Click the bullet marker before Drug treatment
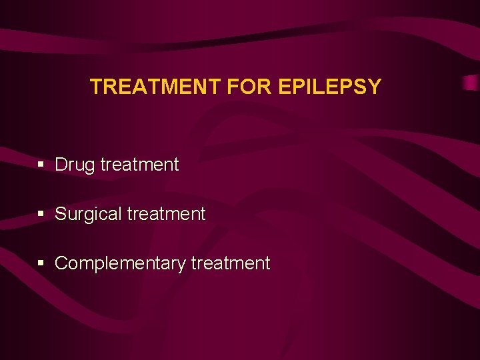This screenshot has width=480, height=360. tap(41, 165)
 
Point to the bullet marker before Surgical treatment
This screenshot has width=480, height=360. tap(41, 214)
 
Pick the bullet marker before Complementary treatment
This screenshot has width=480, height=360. tap(41, 263)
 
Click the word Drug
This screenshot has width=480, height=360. tap(75, 165)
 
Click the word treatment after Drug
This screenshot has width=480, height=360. tap(139, 165)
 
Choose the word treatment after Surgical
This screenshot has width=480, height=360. tap(166, 214)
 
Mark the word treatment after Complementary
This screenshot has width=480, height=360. tap(231, 263)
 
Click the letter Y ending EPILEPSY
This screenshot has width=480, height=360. tap(375, 87)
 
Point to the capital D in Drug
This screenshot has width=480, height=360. tap(61, 165)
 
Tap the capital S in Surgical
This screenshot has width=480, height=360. tap(60, 214)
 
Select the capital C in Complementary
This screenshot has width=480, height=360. tap(61, 263)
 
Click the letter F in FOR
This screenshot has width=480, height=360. tap(233, 87)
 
